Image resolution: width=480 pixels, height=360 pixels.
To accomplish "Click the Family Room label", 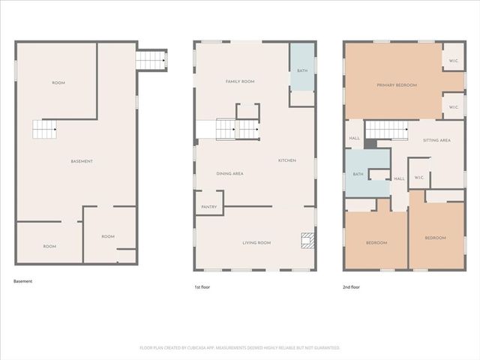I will click(x=241, y=81).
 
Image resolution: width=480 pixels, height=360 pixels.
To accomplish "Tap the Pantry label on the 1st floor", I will click(x=209, y=207).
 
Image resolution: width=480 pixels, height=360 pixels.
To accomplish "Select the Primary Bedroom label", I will click(x=396, y=85).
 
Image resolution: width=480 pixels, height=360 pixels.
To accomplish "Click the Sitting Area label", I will click(x=436, y=140).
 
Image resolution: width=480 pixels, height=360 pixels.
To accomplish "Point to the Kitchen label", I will click(x=287, y=160).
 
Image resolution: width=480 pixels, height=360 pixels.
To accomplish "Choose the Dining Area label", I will click(x=229, y=174).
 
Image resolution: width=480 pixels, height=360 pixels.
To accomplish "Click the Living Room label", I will click(x=256, y=243).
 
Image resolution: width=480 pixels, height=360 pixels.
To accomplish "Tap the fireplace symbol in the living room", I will click(x=306, y=240).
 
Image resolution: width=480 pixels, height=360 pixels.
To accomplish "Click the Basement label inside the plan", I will click(x=82, y=162).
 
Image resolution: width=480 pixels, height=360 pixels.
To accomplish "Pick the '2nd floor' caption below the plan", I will click(x=352, y=287).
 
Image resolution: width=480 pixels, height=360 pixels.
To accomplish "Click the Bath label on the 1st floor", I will click(x=301, y=70).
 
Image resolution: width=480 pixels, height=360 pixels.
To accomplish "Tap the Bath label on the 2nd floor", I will click(x=358, y=175).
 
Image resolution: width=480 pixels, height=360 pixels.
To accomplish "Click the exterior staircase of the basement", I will click(x=151, y=59).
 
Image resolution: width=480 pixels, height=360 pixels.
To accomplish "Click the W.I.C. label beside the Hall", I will click(x=419, y=178).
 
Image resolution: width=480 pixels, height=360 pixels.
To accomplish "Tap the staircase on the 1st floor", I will click(x=237, y=129).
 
